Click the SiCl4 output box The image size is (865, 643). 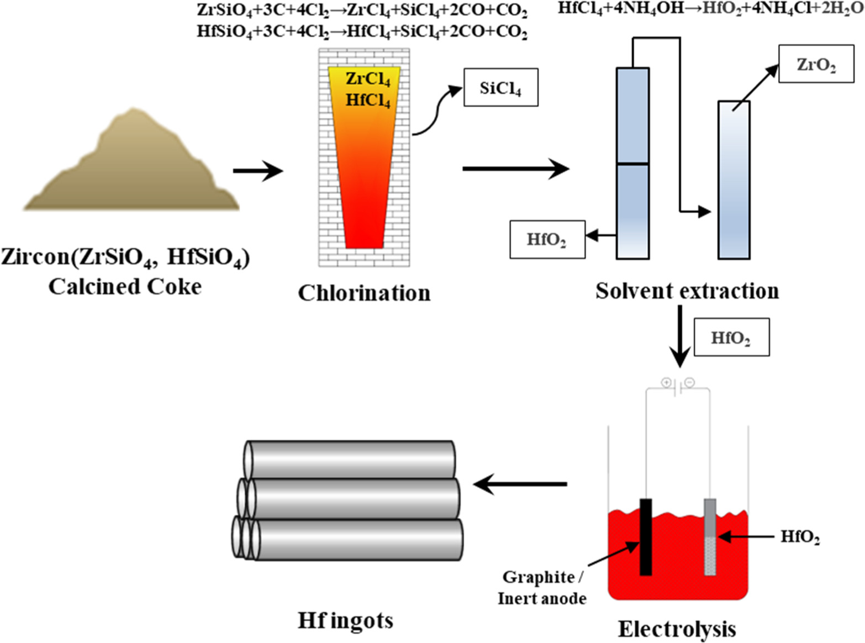coord(500,87)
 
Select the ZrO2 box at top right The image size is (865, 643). coord(816,64)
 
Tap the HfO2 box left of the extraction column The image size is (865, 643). coord(547,239)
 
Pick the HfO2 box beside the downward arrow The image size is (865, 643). coord(731,337)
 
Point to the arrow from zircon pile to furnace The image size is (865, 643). coord(257,171)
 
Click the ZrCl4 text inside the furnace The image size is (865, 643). coord(367,79)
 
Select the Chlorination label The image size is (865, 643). coord(364,293)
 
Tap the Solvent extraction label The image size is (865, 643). coord(687,291)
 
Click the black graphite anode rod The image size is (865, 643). coord(645,536)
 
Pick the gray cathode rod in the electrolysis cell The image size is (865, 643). coord(710,536)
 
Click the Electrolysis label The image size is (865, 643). coord(677,629)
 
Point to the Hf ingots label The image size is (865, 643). coord(345,620)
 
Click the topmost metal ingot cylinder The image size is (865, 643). coord(350,459)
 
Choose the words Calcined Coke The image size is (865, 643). coord(125,287)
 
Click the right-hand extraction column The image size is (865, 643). coord(734,180)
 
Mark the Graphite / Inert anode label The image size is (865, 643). coord(542,588)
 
